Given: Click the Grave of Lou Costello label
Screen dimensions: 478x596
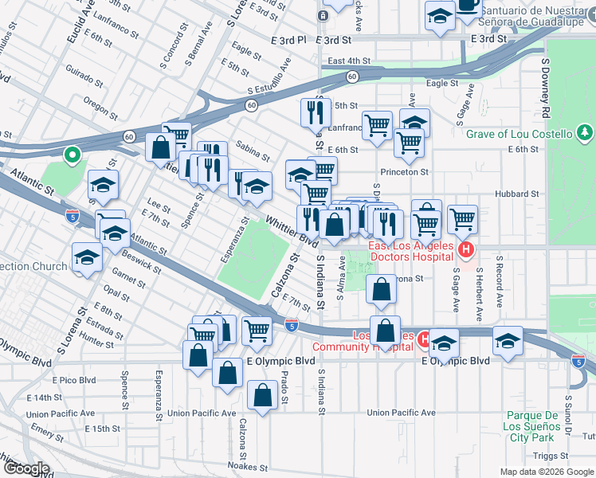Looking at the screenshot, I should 519,134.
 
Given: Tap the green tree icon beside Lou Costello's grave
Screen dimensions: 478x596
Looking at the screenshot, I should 586,132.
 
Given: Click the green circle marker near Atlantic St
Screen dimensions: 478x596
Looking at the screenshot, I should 73,155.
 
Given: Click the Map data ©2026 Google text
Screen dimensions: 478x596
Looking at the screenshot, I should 547,472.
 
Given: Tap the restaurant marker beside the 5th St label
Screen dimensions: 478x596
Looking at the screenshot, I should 316,112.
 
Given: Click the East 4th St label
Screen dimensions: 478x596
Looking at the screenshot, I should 350,61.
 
